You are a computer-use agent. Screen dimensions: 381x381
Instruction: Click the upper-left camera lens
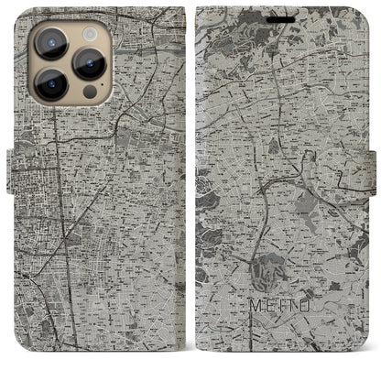(x=49, y=41)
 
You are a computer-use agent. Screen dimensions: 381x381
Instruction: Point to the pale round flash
(x=89, y=32)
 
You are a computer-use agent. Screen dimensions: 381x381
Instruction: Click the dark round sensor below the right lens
(x=89, y=92)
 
